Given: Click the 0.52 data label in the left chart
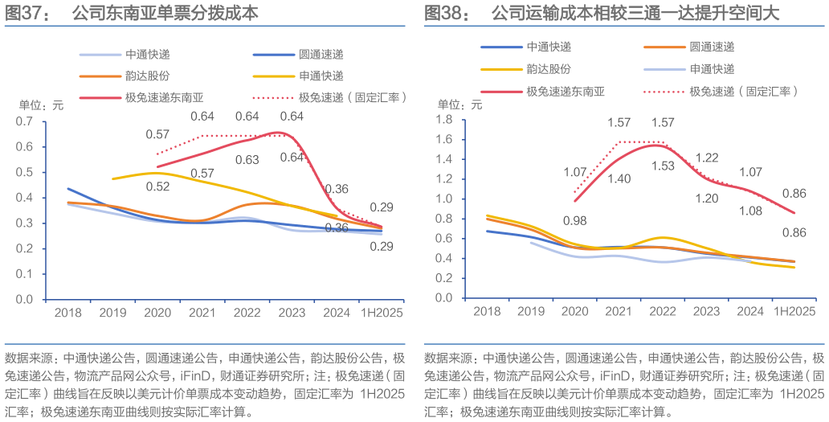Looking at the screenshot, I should point(159,186).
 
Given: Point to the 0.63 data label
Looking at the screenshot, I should point(247,160).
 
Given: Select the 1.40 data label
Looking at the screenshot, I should point(620,178).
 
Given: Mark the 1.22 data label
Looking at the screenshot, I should point(707,158).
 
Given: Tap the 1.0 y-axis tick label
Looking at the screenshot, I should point(446,199).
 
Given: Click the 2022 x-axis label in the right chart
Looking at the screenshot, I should point(663,311).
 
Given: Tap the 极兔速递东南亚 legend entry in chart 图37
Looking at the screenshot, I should point(165,97).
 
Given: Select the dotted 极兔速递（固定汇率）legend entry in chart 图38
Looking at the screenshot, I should point(742,91).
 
